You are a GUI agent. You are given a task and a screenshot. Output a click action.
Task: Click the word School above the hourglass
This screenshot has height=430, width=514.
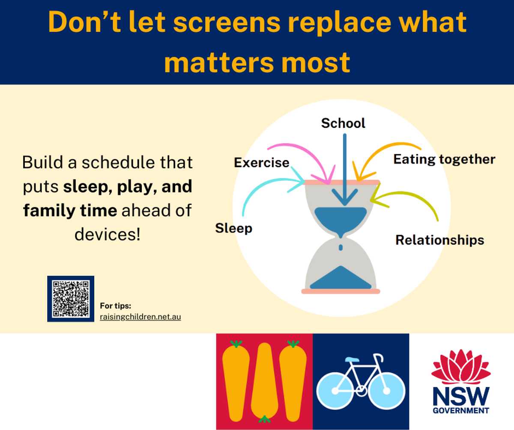pos(343,123)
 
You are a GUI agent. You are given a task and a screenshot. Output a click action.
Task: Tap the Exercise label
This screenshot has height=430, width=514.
pos(261,163)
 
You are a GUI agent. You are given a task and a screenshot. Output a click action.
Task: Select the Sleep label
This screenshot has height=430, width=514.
pos(233,228)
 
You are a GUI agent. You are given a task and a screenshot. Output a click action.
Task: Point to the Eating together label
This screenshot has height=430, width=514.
pos(444,159)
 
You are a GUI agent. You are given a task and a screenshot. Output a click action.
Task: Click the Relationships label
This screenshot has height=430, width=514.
pos(439,240)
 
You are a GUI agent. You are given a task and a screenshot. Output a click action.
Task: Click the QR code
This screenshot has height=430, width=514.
pos(71,299)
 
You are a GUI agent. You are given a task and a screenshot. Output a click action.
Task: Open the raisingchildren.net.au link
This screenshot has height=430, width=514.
pos(140,317)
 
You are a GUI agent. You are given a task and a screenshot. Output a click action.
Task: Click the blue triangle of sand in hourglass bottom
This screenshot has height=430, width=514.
pos(341,278)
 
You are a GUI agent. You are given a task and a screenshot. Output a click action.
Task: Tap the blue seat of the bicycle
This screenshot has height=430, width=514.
pos(352,359)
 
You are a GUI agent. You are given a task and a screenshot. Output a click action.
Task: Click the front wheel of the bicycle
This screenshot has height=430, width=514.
pos(386,391)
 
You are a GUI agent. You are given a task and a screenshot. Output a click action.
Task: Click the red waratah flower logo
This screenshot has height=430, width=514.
pos(461,367)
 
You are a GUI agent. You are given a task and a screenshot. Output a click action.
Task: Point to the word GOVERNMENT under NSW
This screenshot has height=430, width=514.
pos(461,410)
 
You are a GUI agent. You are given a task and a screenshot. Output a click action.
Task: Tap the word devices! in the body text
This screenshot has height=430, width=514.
pos(108,234)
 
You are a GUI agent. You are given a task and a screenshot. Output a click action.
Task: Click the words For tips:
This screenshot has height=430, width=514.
pos(116,306)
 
